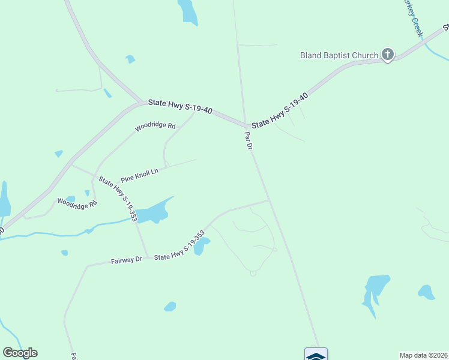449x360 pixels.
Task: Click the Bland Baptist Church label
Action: (339, 56)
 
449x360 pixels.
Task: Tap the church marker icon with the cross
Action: (388, 55)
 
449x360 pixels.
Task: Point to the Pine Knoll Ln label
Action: (139, 175)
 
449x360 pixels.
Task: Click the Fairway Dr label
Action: (126, 260)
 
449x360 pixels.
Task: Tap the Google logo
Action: (20, 353)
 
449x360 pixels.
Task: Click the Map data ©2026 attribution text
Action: (423, 355)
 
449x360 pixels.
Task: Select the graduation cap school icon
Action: (316, 355)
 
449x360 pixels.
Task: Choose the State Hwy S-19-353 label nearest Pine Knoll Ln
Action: (118, 199)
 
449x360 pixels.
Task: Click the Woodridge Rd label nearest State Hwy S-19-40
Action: (155, 127)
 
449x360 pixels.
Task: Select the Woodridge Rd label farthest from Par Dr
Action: (77, 203)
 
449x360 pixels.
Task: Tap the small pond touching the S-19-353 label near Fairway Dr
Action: (200, 245)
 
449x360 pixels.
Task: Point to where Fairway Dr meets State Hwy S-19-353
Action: (147, 257)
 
